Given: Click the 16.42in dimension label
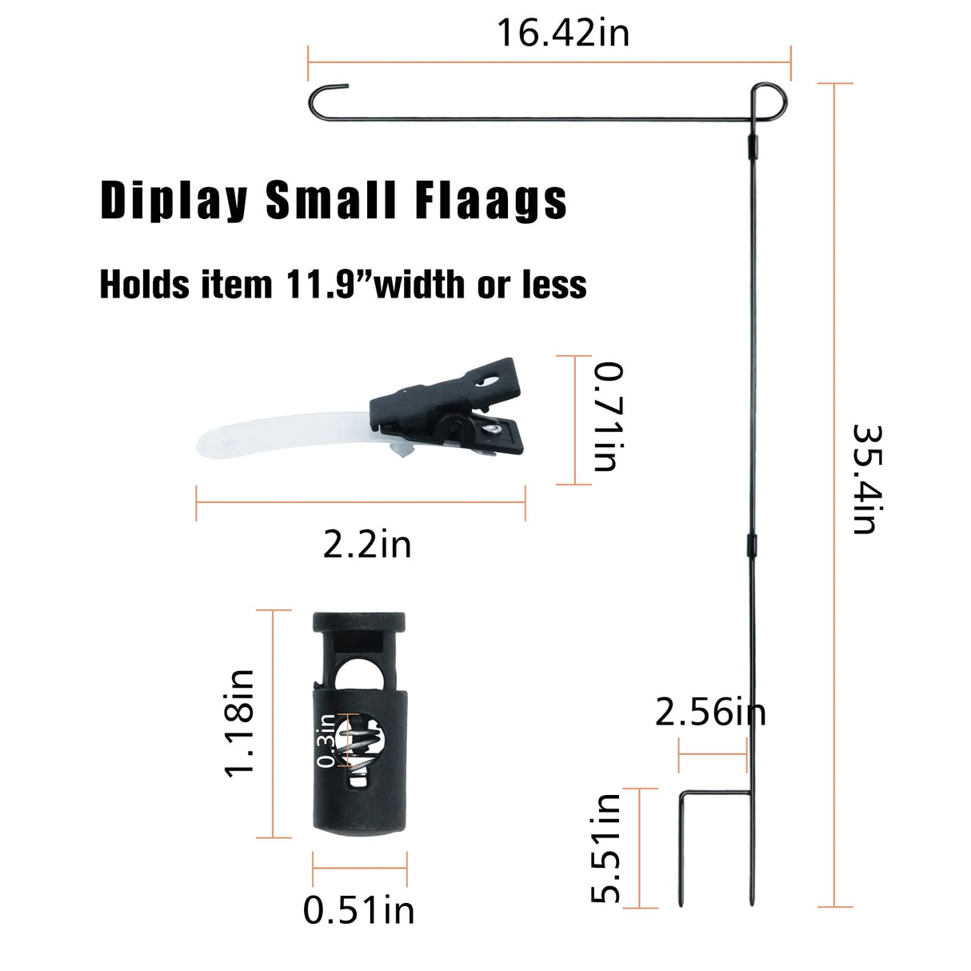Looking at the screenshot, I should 563,34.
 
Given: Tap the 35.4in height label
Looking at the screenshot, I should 868,478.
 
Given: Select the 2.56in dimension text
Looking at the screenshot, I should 709,712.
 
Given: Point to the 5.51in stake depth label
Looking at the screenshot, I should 606,849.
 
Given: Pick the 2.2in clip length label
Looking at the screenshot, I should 367,545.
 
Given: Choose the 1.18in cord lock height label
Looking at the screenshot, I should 239,723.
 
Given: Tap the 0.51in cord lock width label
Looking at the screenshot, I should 358,911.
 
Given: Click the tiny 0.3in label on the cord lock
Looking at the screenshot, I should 326,741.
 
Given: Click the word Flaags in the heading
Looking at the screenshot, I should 491,200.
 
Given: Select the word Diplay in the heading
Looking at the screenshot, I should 174,200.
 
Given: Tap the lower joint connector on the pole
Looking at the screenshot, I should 752,545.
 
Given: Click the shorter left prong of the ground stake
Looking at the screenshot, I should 681,848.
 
